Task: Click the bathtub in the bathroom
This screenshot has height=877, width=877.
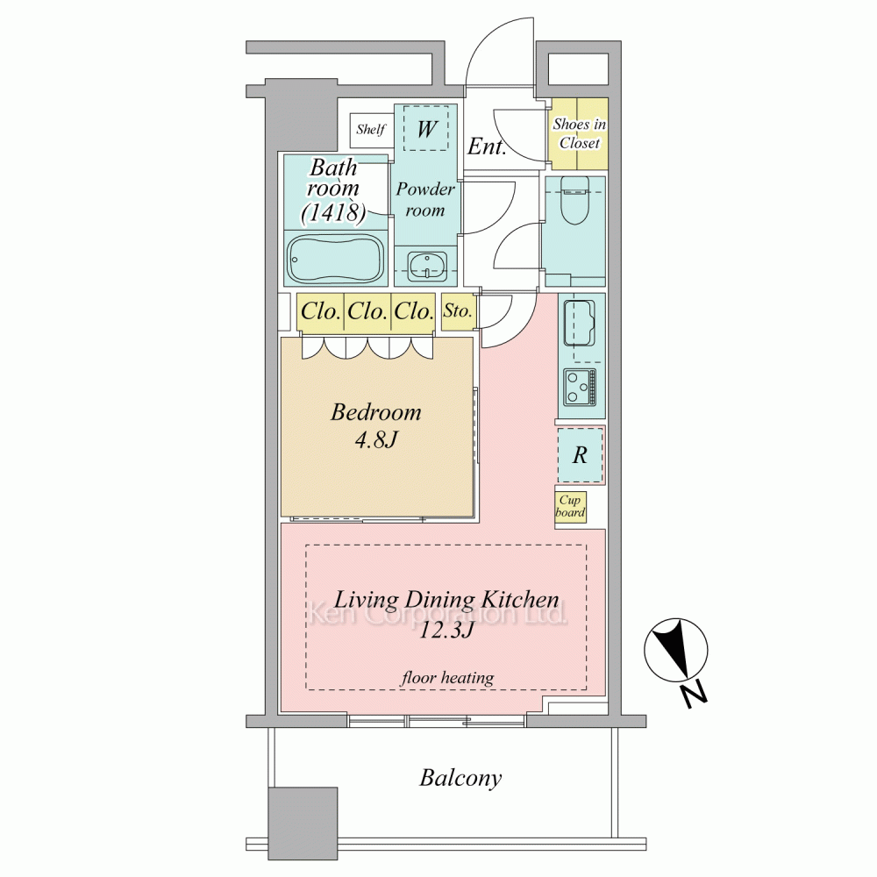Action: (336, 259)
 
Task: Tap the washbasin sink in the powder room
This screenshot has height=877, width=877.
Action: (427, 266)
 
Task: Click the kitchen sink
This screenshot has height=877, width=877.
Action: (579, 324)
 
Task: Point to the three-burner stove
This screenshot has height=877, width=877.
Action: (580, 387)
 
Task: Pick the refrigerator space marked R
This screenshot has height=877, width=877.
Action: (581, 454)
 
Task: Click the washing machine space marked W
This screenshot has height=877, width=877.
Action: (425, 128)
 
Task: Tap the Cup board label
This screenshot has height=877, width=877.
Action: (571, 506)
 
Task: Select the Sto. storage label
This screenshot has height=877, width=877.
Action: (458, 310)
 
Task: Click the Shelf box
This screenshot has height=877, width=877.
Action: (369, 130)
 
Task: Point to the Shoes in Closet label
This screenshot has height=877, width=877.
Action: (580, 133)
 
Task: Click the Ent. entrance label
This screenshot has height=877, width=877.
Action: (487, 146)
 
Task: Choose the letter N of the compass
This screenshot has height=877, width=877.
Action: (694, 695)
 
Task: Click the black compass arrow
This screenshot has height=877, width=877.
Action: (674, 648)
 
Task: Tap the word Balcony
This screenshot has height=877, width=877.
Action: (460, 778)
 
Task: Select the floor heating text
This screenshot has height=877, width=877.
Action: (447, 678)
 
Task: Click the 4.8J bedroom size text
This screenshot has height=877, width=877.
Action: (376, 440)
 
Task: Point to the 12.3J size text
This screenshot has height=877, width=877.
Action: (446, 631)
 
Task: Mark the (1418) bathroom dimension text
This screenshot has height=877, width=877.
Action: (333, 212)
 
